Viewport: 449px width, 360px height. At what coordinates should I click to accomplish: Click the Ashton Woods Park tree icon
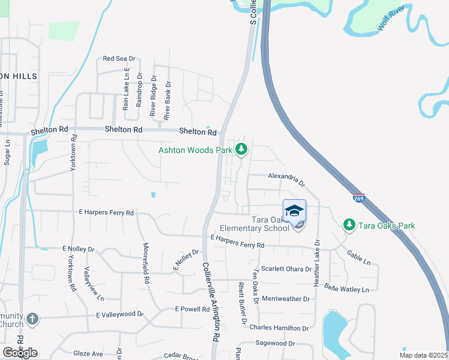[241, 149]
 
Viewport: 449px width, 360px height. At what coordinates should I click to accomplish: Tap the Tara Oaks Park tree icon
[349, 225]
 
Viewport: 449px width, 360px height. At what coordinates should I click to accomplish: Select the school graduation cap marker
[294, 211]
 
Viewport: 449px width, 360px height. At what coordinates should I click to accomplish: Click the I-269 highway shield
[358, 197]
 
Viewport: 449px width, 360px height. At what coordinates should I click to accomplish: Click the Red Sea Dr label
[120, 59]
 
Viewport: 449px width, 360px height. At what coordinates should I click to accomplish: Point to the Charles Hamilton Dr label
[279, 328]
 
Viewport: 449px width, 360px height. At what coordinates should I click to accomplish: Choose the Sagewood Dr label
[275, 343]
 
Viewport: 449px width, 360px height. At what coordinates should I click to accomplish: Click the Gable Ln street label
[359, 258]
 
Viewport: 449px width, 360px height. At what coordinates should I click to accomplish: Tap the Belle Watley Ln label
[346, 289]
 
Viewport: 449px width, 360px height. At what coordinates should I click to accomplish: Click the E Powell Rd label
[192, 309]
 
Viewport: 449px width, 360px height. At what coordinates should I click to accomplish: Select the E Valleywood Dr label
[120, 314]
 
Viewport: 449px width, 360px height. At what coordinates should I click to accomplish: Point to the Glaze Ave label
[89, 354]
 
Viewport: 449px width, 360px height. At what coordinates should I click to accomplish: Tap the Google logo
[20, 352]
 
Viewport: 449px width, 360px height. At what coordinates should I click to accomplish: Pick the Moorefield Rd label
[145, 263]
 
